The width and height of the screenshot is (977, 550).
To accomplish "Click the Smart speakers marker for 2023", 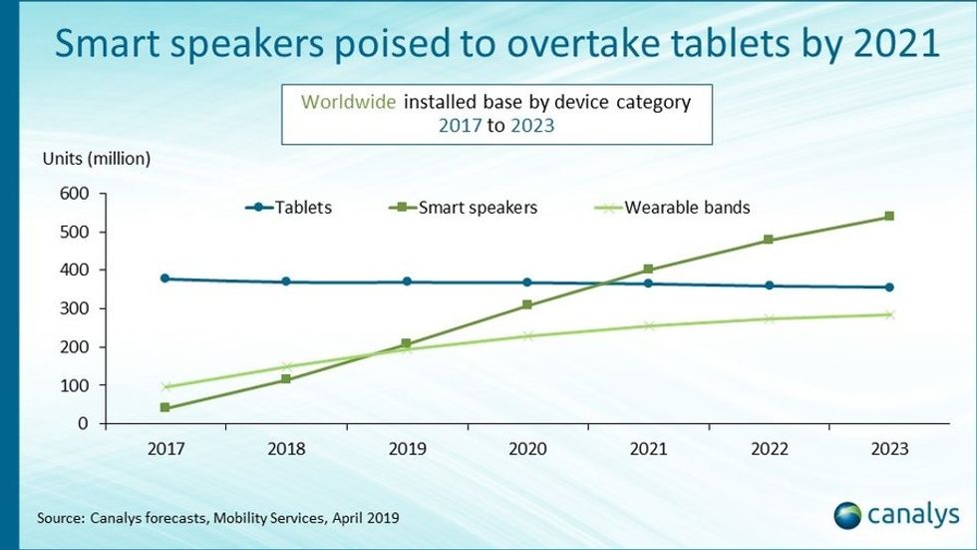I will coord(888,216).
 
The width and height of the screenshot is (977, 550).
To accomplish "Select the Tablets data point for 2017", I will coord(165,278).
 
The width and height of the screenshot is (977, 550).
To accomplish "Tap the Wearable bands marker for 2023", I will coord(888,314).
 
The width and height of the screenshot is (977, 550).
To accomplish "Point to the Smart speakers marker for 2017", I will coord(165,407).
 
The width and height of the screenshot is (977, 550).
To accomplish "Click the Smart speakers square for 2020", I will coord(527,305).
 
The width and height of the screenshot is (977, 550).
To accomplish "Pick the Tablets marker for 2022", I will coord(768,285).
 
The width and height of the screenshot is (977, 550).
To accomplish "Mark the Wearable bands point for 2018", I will coord(286,366).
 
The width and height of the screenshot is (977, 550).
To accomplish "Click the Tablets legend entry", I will coord(289,208).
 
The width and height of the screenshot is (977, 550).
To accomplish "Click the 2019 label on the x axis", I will coord(407,449).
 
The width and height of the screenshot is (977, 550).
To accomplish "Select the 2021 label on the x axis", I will coord(648,449).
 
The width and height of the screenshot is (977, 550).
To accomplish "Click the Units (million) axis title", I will coord(96,158).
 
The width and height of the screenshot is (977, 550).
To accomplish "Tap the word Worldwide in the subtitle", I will coord(352,102).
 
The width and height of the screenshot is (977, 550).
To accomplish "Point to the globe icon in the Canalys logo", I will coord(847,516).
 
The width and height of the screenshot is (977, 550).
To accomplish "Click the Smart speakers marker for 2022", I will coord(768,240).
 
